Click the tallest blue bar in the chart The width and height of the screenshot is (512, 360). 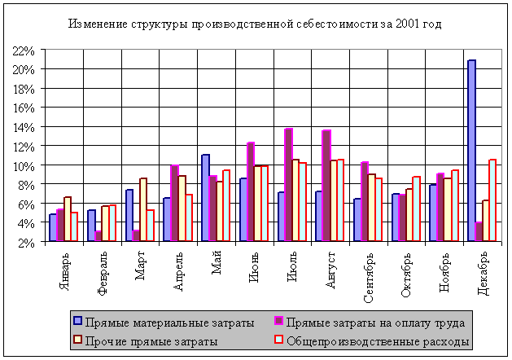click(x=471, y=151)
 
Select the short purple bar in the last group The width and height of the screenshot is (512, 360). click(x=479, y=231)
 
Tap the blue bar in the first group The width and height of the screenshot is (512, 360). click(x=53, y=227)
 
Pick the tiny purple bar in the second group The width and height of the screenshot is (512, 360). click(x=98, y=235)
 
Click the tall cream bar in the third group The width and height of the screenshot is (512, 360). click(x=143, y=209)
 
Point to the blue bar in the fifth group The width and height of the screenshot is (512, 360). click(x=205, y=198)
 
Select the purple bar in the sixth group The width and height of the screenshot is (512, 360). click(x=251, y=191)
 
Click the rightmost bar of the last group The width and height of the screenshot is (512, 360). click(x=492, y=200)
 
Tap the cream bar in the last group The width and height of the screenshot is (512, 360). click(x=486, y=220)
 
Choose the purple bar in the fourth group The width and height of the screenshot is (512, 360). click(x=174, y=203)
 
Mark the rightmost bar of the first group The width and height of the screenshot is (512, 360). click(x=74, y=226)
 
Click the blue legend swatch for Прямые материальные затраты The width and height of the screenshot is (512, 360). click(x=77, y=321)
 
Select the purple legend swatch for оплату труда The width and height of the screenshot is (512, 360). click(x=278, y=321)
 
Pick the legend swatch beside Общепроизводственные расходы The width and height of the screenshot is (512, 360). click(x=278, y=340)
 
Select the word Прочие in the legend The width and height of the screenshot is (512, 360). click(x=104, y=341)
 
